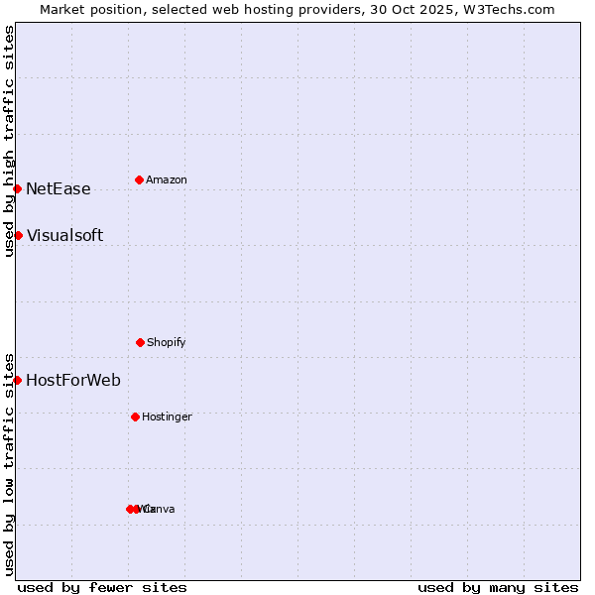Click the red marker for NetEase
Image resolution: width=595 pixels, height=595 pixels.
[x=17, y=188]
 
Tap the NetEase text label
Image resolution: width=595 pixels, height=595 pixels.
[x=58, y=189]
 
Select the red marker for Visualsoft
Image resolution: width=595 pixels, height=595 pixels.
[x=18, y=235]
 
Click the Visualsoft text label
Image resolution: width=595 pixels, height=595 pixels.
[x=64, y=236]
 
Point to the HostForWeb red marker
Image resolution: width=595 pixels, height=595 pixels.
[x=17, y=380]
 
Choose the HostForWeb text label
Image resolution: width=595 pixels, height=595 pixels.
[x=73, y=381]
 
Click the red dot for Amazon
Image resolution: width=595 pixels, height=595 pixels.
[x=139, y=179]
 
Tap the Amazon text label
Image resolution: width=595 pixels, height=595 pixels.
[x=167, y=180]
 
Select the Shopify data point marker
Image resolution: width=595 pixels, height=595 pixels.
[x=140, y=342]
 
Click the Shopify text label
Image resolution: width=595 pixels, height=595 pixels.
[x=167, y=343]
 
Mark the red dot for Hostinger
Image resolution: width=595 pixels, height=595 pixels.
[x=135, y=416]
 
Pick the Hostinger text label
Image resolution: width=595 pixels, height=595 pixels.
[x=167, y=417]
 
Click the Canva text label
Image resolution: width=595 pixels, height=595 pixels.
[x=160, y=510]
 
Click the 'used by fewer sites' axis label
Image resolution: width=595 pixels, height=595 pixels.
[x=102, y=587]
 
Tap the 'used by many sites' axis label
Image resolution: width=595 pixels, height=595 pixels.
[x=498, y=587]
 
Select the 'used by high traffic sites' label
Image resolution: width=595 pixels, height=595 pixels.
[x=9, y=141]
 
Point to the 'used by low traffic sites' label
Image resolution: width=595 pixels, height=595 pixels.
[x=9, y=464]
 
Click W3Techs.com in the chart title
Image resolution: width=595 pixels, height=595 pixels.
[x=513, y=9]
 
